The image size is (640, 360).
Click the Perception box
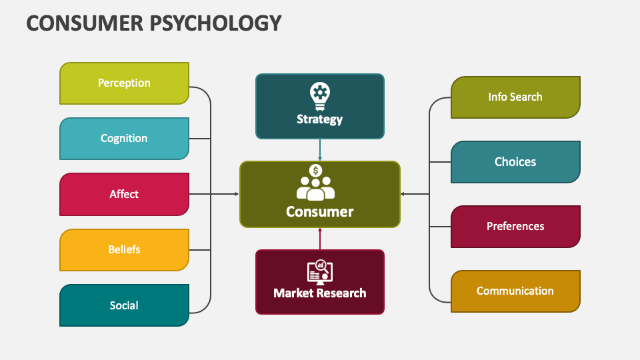click(124, 83)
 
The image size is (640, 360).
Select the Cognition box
click(124, 139)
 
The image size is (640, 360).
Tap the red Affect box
click(124, 194)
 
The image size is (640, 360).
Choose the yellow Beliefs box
click(124, 249)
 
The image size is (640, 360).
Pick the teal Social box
click(124, 305)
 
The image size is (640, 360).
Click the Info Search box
click(515, 97)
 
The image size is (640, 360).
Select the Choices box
click(515, 162)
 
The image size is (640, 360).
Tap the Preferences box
click(515, 227)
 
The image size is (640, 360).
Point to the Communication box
click(515, 291)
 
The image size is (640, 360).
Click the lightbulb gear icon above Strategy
click(320, 96)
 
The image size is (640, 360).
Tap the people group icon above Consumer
click(316, 183)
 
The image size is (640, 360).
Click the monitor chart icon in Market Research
click(320, 271)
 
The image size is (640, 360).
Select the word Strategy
click(320, 119)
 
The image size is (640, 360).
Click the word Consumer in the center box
click(320, 212)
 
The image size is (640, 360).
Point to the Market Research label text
click(320, 293)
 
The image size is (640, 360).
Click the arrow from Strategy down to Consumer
click(320, 150)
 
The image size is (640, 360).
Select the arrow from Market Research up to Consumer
click(320, 239)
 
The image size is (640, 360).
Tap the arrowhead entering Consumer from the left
click(236, 194)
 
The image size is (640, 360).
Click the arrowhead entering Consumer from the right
click(403, 194)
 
